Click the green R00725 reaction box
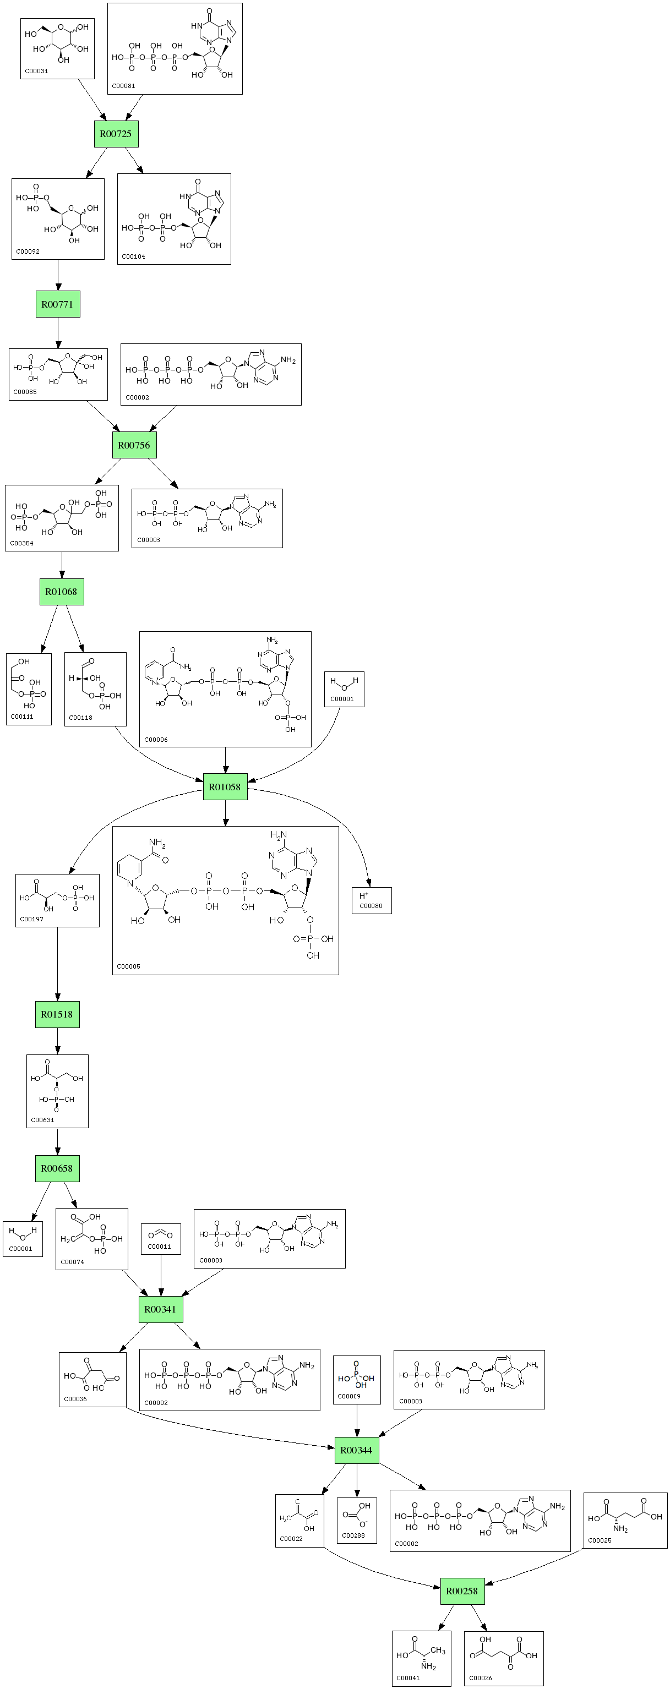116,134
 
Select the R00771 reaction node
58,304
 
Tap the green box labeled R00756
134,445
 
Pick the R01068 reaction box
61,592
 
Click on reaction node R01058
225,786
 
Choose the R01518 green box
57,1014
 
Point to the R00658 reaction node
57,1168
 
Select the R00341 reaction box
161,1309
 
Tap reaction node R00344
357,1450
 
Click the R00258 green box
462,1590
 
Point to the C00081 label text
123,86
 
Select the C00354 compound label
21,543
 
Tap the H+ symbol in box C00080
364,895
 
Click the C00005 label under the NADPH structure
128,966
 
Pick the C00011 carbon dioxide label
159,1247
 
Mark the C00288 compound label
353,1535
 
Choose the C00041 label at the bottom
408,1678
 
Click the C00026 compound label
481,1678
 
